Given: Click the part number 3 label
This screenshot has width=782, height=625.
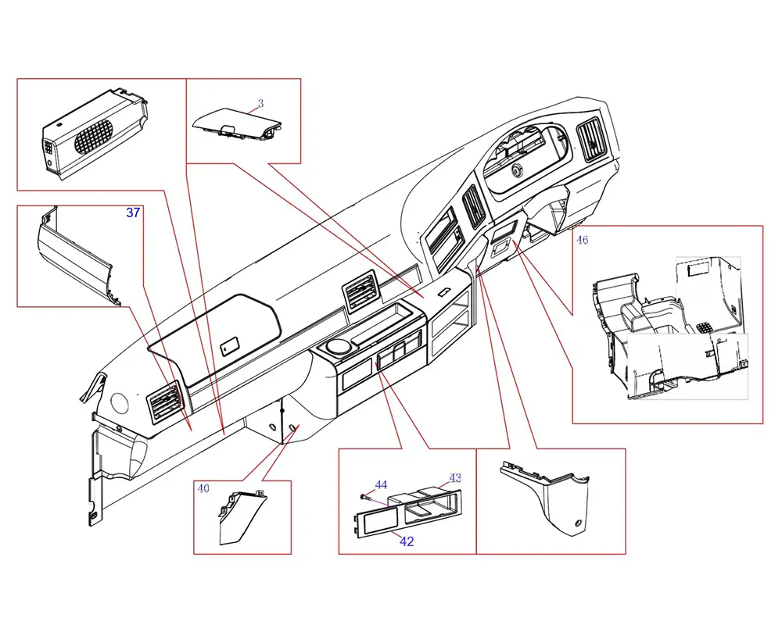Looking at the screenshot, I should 260,103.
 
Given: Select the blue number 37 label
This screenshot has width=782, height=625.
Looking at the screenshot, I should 133,212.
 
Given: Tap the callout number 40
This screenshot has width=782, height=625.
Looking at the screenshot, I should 203,489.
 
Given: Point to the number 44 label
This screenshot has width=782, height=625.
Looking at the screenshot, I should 381,485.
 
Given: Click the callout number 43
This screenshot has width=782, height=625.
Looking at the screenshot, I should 455,477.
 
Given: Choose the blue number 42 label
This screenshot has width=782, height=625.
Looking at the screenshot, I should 407,541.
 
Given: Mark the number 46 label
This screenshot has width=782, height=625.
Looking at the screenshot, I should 582,240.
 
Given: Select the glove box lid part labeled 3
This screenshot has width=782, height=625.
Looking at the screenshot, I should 235,123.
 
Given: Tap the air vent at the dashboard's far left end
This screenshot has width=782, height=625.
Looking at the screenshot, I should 167,404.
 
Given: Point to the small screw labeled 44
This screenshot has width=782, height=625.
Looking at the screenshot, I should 363,495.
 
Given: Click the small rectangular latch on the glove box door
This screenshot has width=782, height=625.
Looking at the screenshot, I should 230,345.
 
